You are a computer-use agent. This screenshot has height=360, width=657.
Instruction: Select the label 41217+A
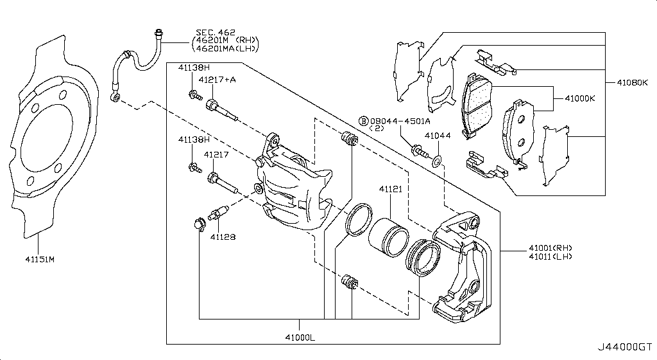(x=216, y=80)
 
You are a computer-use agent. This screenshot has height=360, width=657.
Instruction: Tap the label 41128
(x=223, y=237)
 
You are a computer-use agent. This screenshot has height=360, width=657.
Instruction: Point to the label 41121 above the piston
(x=390, y=190)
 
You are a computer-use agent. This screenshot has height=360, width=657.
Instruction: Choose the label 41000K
(x=580, y=98)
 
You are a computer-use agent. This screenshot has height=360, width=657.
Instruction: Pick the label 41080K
(x=632, y=83)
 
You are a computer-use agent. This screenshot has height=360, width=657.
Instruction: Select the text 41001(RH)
(x=550, y=248)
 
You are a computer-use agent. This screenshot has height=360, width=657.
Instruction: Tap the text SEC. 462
(x=216, y=32)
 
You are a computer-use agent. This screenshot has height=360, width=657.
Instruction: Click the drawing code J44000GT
(x=626, y=346)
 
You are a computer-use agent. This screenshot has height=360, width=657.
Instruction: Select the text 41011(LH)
(x=550, y=256)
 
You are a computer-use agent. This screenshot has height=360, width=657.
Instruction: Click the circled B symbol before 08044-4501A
(x=363, y=121)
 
